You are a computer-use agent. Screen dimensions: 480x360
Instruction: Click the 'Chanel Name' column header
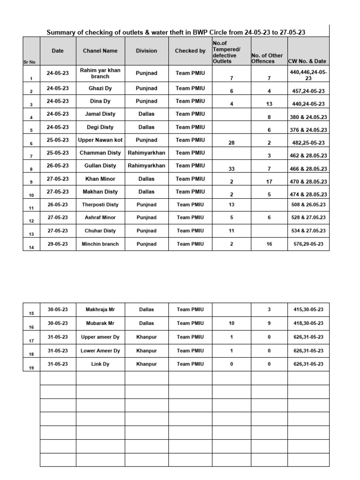click(100, 51)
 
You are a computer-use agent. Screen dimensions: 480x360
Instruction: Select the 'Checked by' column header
click(190, 51)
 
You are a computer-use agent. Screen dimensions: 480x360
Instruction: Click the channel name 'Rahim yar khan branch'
click(100, 73)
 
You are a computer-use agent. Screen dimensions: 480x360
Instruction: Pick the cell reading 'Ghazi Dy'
click(100, 88)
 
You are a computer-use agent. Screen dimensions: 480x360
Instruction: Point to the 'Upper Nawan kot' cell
click(100, 140)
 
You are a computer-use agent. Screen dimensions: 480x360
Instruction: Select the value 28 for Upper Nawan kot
click(231, 143)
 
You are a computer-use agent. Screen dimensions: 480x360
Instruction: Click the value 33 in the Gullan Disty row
click(231, 169)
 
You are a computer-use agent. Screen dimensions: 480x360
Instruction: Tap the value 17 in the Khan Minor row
click(269, 181)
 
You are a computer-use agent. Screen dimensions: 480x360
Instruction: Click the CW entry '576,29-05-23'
click(308, 244)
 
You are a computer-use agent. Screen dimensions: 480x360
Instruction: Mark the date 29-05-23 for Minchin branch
click(58, 244)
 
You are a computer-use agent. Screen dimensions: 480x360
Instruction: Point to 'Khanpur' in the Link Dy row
click(146, 364)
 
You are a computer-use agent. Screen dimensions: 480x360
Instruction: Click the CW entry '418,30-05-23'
click(308, 323)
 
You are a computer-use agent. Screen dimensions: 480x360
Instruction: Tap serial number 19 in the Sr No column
click(31, 368)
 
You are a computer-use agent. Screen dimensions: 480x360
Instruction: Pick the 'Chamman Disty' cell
click(100, 153)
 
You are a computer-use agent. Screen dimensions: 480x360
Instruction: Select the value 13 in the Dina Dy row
click(269, 104)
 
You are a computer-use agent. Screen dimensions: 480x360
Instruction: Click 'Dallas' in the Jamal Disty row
click(146, 114)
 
